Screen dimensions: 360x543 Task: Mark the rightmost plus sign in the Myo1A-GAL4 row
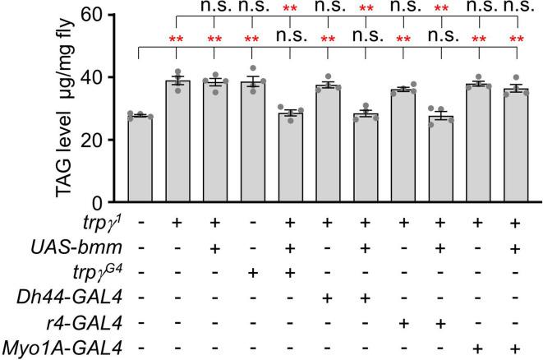517,349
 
